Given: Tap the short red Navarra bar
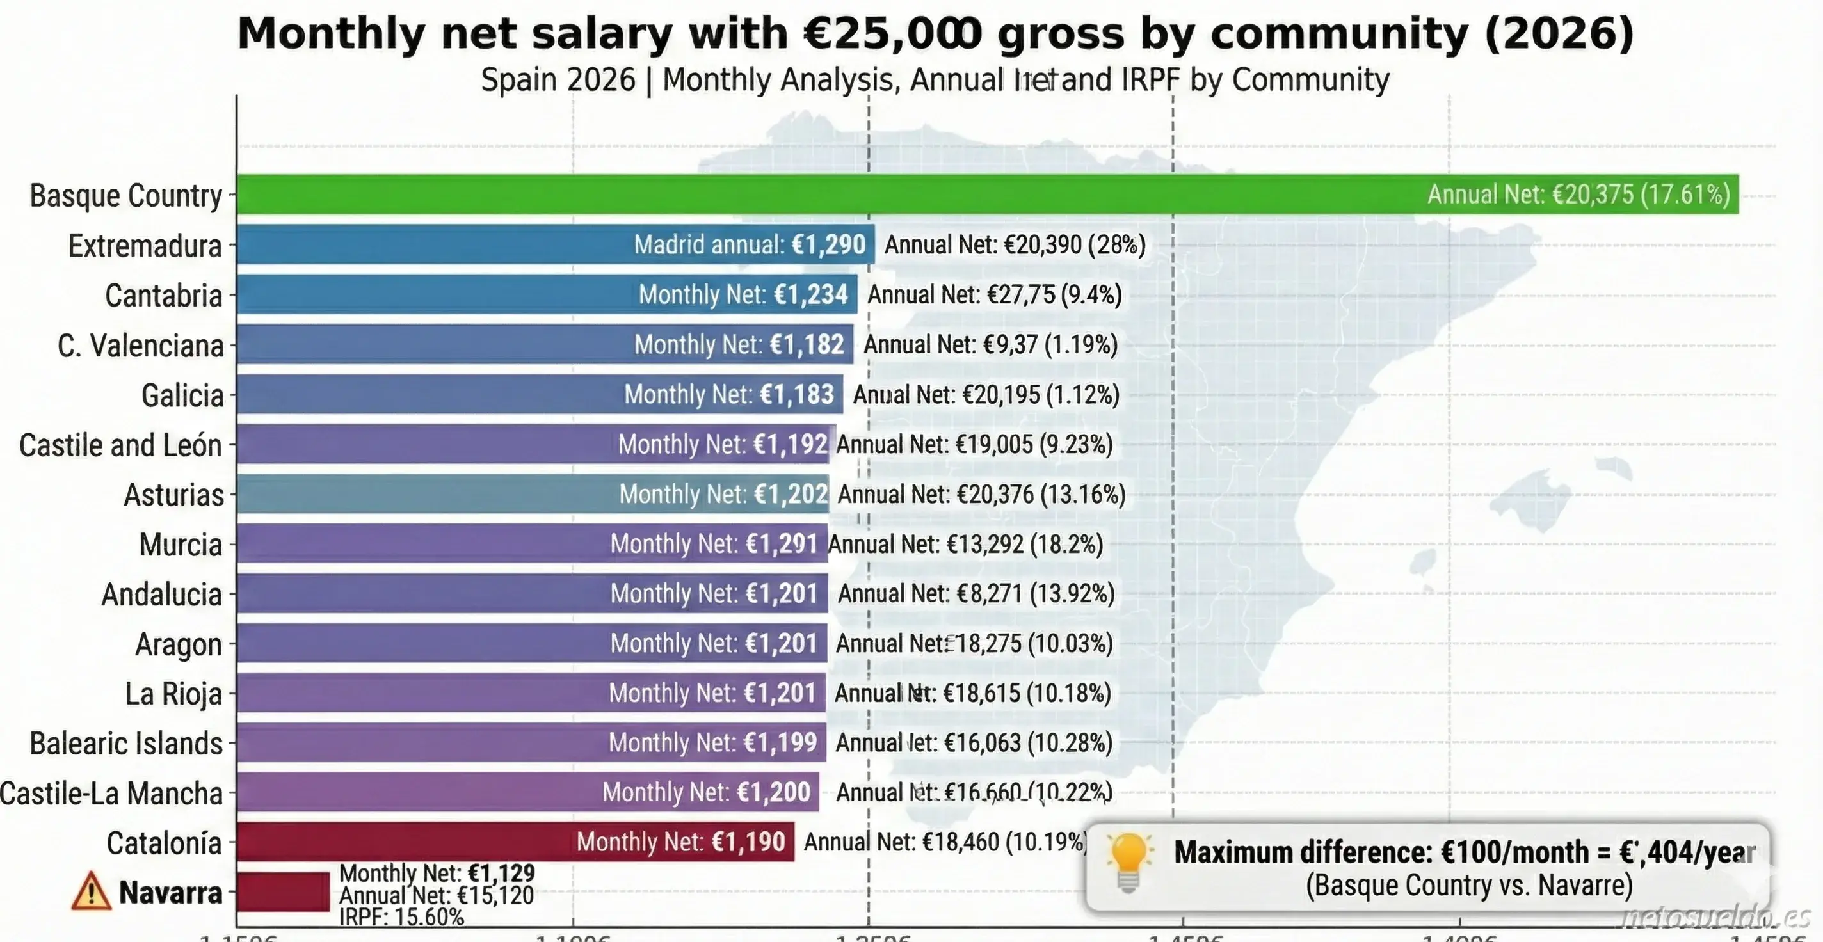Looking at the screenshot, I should [283, 891].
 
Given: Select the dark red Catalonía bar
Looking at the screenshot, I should [403, 842].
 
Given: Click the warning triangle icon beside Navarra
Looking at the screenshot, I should [92, 893].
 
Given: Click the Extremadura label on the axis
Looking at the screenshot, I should [145, 246].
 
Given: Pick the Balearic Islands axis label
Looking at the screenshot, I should [126, 744].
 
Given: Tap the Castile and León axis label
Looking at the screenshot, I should [120, 445].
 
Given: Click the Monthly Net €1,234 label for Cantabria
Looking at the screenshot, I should [743, 294].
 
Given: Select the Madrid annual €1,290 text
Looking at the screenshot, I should [750, 245].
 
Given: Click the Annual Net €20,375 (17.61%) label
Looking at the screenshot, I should [1578, 195].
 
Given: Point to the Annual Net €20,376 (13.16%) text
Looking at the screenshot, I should [981, 494].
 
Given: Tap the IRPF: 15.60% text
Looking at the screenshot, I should [401, 918].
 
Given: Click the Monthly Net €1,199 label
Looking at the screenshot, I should [712, 742].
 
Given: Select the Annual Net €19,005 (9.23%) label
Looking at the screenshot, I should [974, 445].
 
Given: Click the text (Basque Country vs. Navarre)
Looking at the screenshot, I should [1469, 886].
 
